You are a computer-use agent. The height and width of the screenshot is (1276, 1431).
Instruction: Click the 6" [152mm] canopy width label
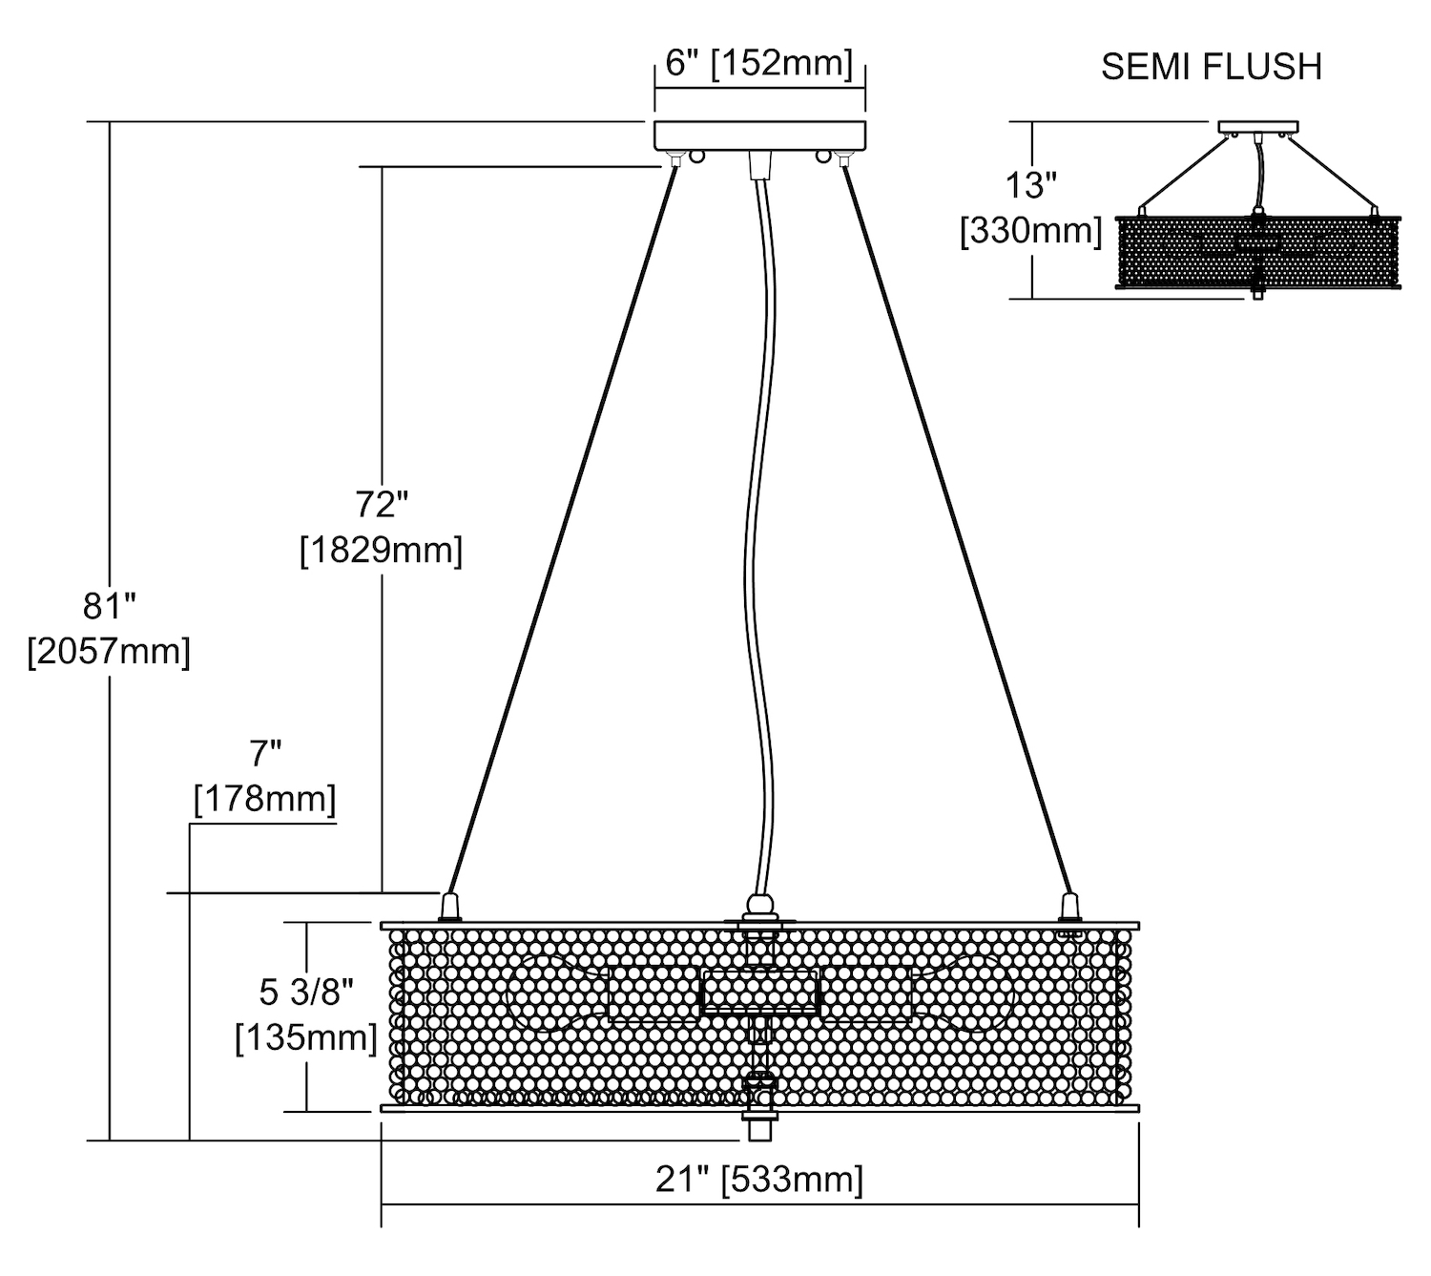click(758, 63)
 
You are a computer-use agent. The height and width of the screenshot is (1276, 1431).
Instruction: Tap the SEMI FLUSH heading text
click(1211, 67)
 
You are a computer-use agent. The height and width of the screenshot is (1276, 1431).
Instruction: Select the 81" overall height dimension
click(110, 605)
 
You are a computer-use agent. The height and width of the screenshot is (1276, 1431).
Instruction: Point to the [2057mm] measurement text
click(109, 651)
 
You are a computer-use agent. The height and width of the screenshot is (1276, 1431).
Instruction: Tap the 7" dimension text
click(265, 754)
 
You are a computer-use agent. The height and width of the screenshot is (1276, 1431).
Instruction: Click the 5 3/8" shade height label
click(306, 993)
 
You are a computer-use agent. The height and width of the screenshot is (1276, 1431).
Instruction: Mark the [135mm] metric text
click(306, 1036)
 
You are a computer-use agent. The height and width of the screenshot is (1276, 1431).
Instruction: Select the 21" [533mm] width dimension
click(758, 1180)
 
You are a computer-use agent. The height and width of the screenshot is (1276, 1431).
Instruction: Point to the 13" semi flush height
click(1030, 185)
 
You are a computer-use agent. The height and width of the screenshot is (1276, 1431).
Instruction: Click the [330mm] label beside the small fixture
click(1030, 231)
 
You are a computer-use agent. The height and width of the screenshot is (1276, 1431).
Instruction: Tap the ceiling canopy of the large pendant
click(759, 135)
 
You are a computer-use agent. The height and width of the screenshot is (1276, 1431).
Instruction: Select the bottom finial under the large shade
click(759, 1126)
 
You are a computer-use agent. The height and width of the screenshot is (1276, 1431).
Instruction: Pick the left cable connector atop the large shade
click(449, 905)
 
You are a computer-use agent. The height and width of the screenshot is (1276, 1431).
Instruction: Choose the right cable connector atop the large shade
click(1069, 905)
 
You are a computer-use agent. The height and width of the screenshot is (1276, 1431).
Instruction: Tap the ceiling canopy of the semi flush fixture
click(1258, 126)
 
